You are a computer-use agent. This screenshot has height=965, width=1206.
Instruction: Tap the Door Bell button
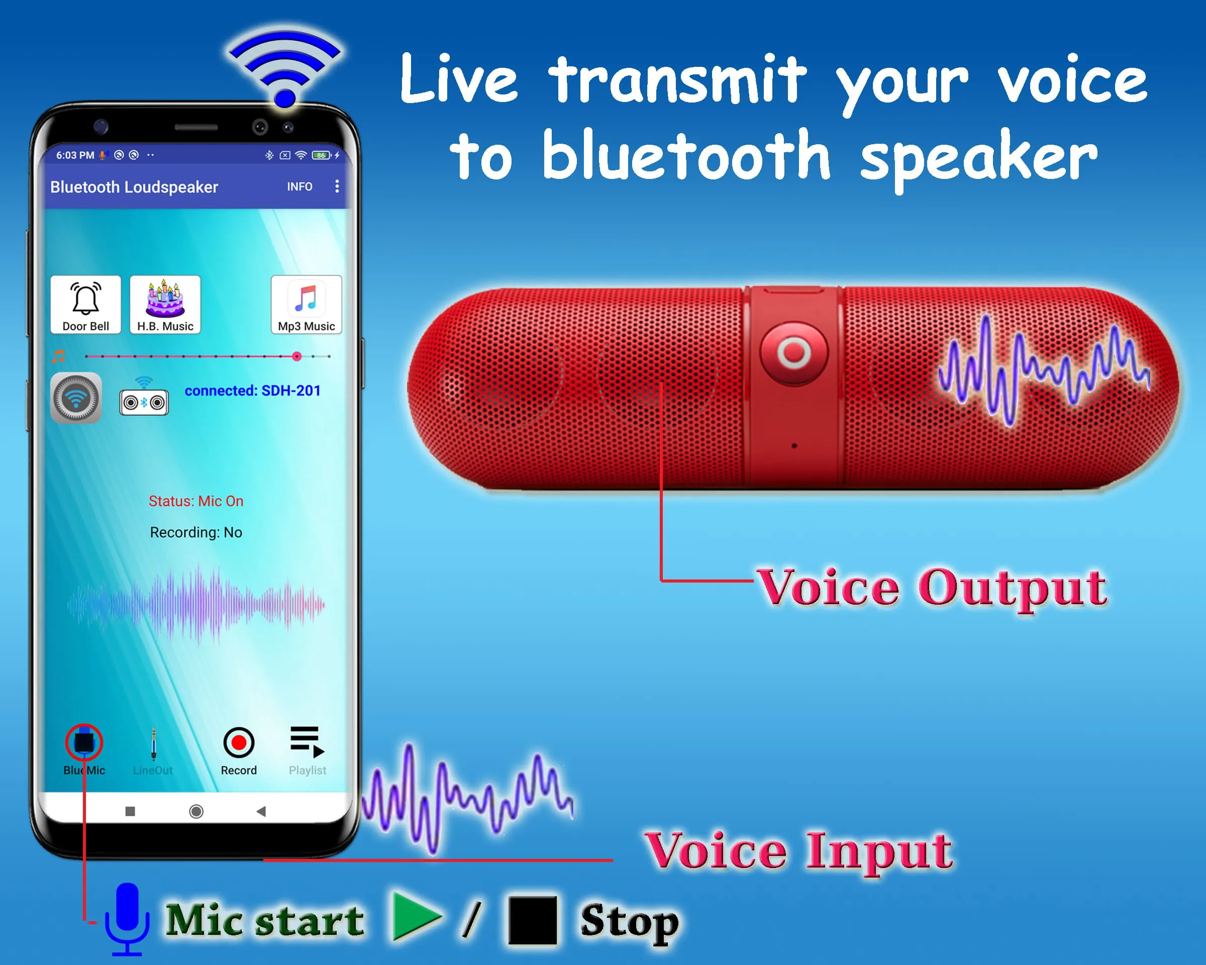[x=85, y=304]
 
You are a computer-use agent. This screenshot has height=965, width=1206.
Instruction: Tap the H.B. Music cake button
[x=165, y=304]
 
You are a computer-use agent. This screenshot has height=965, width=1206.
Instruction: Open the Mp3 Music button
[x=306, y=304]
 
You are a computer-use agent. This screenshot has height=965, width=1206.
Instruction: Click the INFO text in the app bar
[x=300, y=187]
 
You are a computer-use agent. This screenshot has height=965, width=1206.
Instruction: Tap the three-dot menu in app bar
[x=337, y=186]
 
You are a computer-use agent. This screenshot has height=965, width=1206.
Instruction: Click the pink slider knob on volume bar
[x=297, y=356]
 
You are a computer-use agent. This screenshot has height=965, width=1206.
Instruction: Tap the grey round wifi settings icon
[x=76, y=398]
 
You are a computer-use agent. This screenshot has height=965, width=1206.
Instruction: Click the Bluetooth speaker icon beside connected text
[x=144, y=401]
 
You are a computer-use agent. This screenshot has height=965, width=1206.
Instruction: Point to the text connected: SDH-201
[x=252, y=391]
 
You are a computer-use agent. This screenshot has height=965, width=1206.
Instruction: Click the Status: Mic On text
[x=196, y=501]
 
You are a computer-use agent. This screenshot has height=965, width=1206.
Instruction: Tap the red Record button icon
[x=239, y=742]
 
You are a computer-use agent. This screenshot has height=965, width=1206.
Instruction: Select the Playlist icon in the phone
[x=307, y=741]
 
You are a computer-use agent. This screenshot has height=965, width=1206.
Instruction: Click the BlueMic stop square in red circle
[x=84, y=742]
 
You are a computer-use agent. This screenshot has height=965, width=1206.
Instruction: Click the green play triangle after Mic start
[x=415, y=917]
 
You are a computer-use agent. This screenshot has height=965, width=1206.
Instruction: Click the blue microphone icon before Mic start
[x=128, y=917]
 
